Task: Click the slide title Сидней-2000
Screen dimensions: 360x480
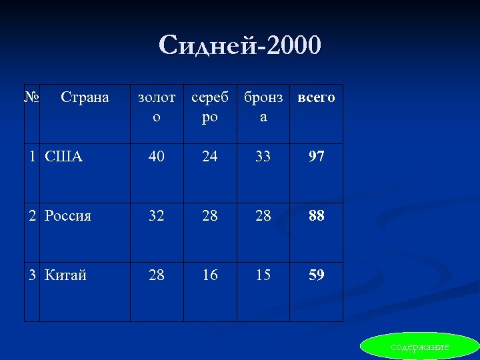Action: pyautogui.click(x=240, y=45)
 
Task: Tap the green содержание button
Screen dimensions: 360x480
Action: pyautogui.click(x=419, y=347)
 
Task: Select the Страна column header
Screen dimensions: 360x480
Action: pyautogui.click(x=85, y=97)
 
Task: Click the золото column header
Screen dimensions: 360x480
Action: pyautogui.click(x=157, y=107)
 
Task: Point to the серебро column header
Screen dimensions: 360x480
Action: pyautogui.click(x=210, y=107)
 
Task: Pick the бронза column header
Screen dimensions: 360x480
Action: pyautogui.click(x=263, y=107)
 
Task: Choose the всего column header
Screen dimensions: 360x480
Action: pyautogui.click(x=316, y=97)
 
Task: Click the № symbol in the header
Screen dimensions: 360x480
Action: pyautogui.click(x=31, y=97)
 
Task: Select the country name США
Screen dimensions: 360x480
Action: pyautogui.click(x=64, y=157)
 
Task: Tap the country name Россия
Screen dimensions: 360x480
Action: pyautogui.click(x=68, y=216)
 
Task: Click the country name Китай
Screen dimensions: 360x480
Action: pyautogui.click(x=65, y=275)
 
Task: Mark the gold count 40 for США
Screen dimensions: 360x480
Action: pyautogui.click(x=157, y=157)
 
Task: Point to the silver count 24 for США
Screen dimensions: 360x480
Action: pyautogui.click(x=210, y=157)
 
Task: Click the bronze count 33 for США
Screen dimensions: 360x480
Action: pyautogui.click(x=263, y=157)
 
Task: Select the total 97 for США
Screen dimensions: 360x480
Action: pyautogui.click(x=317, y=157)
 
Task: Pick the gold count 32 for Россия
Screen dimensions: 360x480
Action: pyautogui.click(x=157, y=216)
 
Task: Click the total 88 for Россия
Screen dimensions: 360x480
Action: pyautogui.click(x=317, y=216)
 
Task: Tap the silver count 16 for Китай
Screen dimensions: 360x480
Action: pyautogui.click(x=210, y=275)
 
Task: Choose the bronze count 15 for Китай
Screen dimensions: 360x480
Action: pyautogui.click(x=263, y=275)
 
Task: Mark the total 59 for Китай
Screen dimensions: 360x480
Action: pyautogui.click(x=317, y=275)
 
